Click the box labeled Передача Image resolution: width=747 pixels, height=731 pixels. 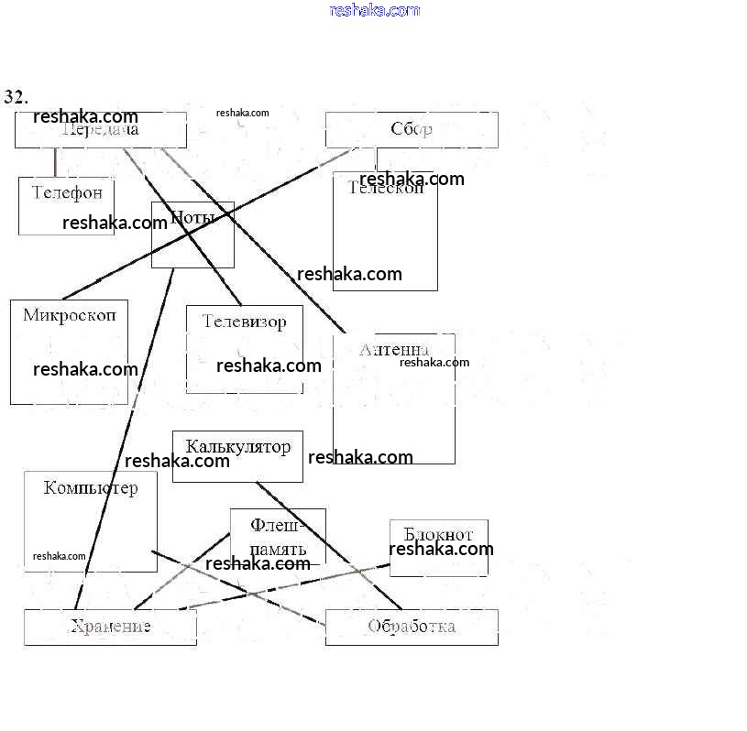point(101,130)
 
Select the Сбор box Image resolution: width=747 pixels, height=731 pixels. point(412,129)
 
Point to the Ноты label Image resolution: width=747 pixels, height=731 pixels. point(192,218)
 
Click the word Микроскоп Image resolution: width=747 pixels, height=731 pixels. point(70,315)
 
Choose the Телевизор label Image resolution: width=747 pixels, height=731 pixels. point(244,322)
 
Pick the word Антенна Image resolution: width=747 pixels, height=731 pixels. point(394,349)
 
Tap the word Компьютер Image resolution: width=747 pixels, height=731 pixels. point(91,487)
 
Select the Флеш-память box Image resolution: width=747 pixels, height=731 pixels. point(278,538)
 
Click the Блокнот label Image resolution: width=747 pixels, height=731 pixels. point(438,534)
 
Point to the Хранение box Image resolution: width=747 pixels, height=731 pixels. point(110,627)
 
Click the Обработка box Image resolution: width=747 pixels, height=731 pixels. point(411,627)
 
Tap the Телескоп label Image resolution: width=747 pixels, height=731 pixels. point(386,189)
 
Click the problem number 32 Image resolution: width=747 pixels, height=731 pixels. point(16,97)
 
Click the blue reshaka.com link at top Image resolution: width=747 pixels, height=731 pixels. point(374,11)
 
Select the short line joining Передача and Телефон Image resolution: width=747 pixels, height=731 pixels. point(55,162)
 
